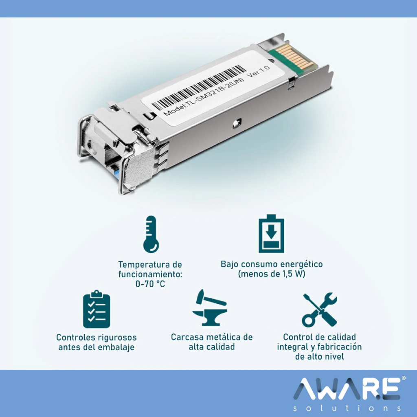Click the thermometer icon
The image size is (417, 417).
click(151, 234)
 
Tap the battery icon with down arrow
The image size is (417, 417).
click(271, 233)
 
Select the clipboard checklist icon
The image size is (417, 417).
click(97, 309)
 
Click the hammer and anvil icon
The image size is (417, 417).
click(210, 307)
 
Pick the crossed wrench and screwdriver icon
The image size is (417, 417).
click(320, 310)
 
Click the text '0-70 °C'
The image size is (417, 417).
click(150, 284)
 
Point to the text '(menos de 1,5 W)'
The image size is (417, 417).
click(272, 274)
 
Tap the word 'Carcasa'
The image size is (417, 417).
click(187, 337)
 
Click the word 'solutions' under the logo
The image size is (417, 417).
click(347, 408)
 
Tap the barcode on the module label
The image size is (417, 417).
click(199, 88)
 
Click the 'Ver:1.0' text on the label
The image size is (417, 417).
click(258, 71)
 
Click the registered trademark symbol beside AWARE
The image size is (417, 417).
click(404, 378)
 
